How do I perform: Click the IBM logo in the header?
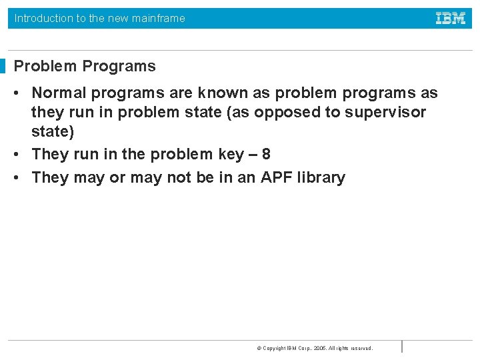click(451, 18)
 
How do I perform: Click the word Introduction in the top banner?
click(43, 18)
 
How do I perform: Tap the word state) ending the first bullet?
click(53, 131)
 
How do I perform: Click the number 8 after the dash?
click(266, 154)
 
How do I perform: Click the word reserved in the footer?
click(361, 348)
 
